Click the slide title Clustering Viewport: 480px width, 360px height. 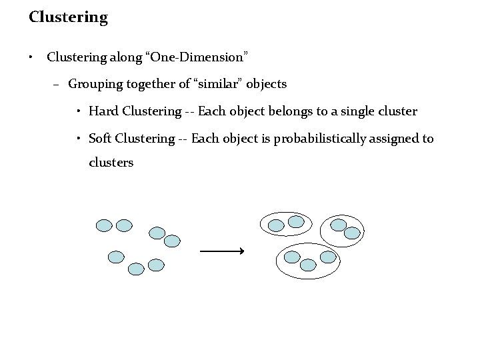tap(68, 17)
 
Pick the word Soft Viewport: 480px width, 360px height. tap(100, 139)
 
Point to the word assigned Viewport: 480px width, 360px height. tap(395, 139)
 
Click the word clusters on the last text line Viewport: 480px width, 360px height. tap(111, 162)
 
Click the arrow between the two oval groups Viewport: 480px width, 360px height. tap(222, 251)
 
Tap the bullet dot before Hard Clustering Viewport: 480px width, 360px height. tap(79, 111)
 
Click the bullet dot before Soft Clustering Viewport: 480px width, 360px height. tap(79, 139)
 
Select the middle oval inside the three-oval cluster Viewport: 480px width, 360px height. tap(308, 265)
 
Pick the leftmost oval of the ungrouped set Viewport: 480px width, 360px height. tap(104, 225)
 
